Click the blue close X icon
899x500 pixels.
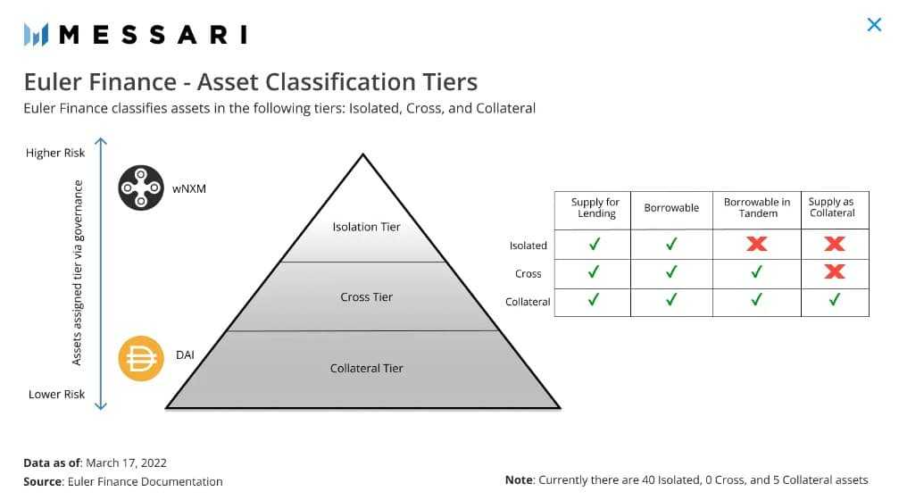(874, 25)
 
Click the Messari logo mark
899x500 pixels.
(35, 35)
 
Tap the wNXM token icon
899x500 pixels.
(141, 188)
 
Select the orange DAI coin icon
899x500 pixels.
(141, 359)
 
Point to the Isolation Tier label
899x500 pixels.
(366, 227)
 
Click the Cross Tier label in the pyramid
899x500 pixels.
(366, 297)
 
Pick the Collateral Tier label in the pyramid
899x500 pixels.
(366, 368)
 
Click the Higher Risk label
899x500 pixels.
(55, 153)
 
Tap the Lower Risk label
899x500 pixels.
(56, 395)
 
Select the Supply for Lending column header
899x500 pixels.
(595, 208)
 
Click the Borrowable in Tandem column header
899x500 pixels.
(757, 208)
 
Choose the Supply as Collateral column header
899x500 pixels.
(832, 208)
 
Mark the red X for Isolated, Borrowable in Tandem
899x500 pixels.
(757, 245)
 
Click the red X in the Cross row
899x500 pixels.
(835, 272)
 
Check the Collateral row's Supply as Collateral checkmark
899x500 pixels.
(835, 301)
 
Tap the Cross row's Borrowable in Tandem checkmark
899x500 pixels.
(757, 272)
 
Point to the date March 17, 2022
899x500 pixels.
(127, 462)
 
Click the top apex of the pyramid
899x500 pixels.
(362, 155)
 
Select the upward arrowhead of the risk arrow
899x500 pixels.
(101, 141)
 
